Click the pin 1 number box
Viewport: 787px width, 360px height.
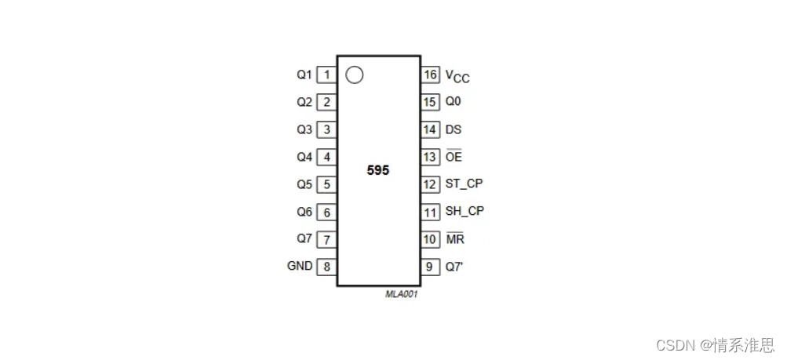click(x=326, y=75)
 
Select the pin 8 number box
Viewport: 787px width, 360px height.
click(x=326, y=266)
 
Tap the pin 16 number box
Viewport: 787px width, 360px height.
click(x=430, y=75)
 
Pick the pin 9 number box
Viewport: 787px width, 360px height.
click(x=430, y=266)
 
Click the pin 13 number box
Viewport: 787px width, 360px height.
click(x=430, y=157)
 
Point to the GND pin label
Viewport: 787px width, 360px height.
click(x=300, y=266)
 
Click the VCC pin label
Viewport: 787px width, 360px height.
click(x=457, y=76)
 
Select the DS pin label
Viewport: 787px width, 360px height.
click(x=454, y=129)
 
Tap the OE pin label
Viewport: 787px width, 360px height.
click(x=454, y=157)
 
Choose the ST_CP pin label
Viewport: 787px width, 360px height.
click(x=464, y=184)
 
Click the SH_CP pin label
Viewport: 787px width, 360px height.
click(x=465, y=211)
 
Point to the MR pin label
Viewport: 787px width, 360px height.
click(x=454, y=238)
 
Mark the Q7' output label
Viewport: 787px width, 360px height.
click(x=455, y=266)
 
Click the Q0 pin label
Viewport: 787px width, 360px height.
click(x=454, y=102)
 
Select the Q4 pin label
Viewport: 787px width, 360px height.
click(x=304, y=157)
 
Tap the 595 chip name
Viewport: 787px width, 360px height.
click(x=377, y=170)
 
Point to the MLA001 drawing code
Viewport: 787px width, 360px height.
click(x=401, y=296)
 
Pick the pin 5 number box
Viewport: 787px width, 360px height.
click(x=326, y=184)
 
